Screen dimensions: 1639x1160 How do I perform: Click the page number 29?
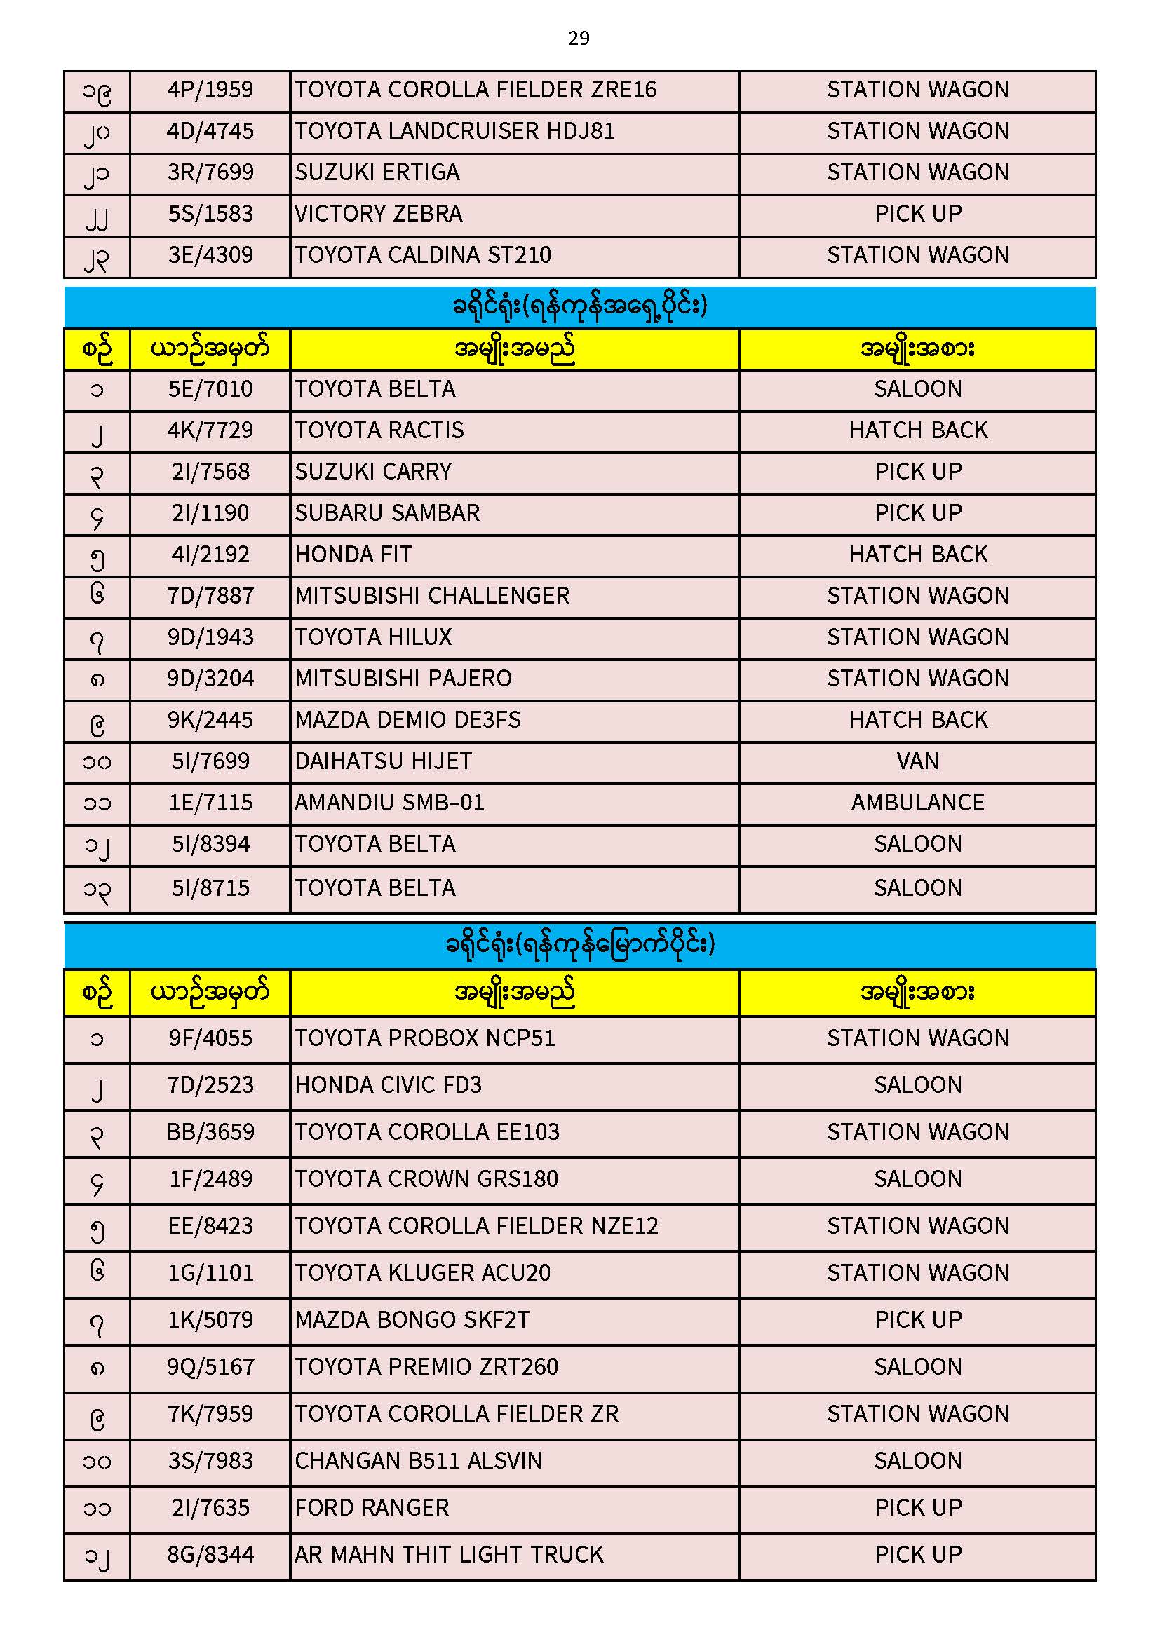[x=579, y=38]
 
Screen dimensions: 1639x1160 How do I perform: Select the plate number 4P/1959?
[x=210, y=90]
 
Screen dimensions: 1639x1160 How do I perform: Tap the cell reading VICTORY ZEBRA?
[x=379, y=213]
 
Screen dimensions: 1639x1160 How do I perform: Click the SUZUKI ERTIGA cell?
[x=377, y=172]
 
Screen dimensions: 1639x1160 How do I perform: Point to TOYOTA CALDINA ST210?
[x=423, y=255]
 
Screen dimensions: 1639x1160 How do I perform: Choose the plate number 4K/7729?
[x=210, y=430]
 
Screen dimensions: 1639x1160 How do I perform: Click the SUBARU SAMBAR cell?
[x=387, y=513]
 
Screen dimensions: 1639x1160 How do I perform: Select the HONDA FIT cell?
[x=353, y=555]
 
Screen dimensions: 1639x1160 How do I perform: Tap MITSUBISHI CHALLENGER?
[x=432, y=596]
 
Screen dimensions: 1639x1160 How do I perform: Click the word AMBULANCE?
[x=917, y=803]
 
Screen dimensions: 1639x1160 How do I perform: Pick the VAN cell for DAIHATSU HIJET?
[x=917, y=762]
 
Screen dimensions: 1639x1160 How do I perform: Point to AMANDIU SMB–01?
[x=389, y=803]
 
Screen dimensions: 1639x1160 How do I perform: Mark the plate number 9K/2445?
[x=210, y=720]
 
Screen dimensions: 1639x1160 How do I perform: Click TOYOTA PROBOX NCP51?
[x=425, y=1039]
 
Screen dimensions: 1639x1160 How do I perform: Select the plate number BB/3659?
[x=210, y=1132]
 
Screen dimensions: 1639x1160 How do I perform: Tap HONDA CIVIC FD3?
[x=388, y=1086]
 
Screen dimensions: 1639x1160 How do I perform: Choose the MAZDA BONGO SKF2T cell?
[x=412, y=1320]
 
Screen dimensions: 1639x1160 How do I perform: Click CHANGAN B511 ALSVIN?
[x=418, y=1461]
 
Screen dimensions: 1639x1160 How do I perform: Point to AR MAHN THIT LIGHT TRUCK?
[x=449, y=1555]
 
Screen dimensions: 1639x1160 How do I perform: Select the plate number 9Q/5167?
[x=210, y=1367]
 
